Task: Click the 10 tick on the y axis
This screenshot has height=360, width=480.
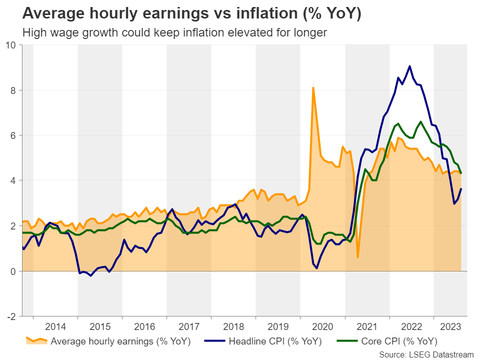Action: (x=11, y=45)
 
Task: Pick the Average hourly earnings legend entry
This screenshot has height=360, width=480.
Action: (x=111, y=342)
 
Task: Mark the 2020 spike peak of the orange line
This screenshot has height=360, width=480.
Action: (x=313, y=88)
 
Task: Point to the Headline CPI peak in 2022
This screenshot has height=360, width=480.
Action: (x=409, y=66)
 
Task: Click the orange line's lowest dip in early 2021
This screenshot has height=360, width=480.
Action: (x=358, y=257)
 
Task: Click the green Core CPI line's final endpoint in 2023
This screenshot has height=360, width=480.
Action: (x=461, y=173)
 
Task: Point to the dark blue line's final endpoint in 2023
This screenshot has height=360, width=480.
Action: (x=461, y=188)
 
